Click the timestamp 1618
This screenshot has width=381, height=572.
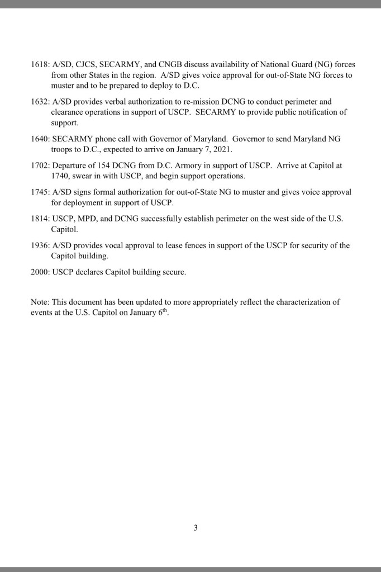[x=40, y=64]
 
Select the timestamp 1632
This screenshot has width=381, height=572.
[x=40, y=102]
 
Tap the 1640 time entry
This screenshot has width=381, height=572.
[x=40, y=139]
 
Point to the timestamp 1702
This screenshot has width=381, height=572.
[x=40, y=166]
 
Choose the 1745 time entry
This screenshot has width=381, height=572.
[x=40, y=192]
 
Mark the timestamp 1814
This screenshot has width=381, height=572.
[x=40, y=219]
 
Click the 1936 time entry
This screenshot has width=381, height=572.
[x=40, y=245]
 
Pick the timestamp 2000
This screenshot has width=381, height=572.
[x=40, y=272]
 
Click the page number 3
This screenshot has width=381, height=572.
[x=196, y=527]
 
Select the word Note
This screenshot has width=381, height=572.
[x=39, y=302]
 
